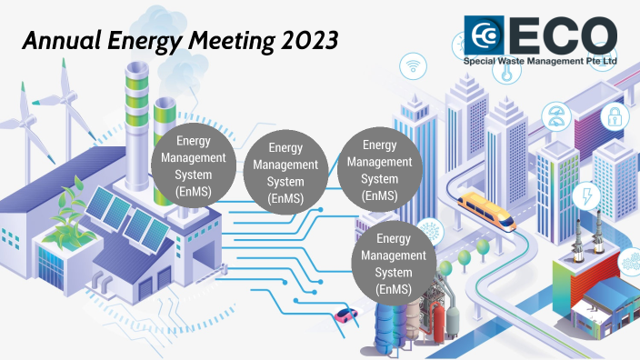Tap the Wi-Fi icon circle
tap(415, 65)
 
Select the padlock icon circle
tap(615, 116)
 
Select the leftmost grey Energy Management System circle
tap(194, 167)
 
